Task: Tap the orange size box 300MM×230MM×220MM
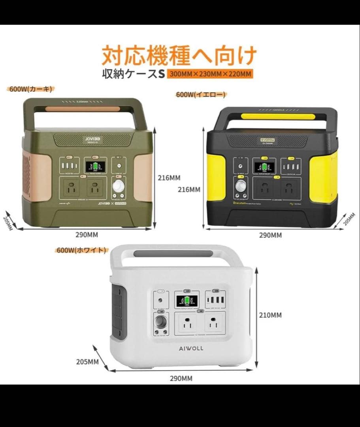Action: pyautogui.click(x=209, y=74)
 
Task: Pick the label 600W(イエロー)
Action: pyautogui.click(x=201, y=94)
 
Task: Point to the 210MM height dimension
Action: pyautogui.click(x=271, y=315)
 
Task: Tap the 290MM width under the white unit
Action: pyautogui.click(x=181, y=378)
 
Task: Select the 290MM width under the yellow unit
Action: pyautogui.click(x=270, y=235)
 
